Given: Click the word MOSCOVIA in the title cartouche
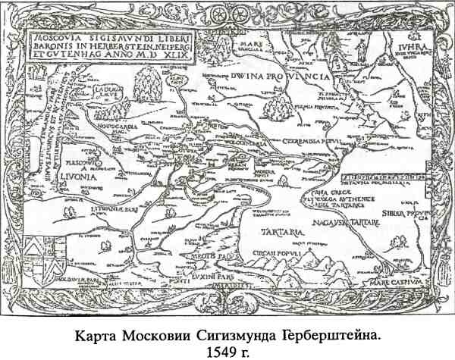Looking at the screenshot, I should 54,34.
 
